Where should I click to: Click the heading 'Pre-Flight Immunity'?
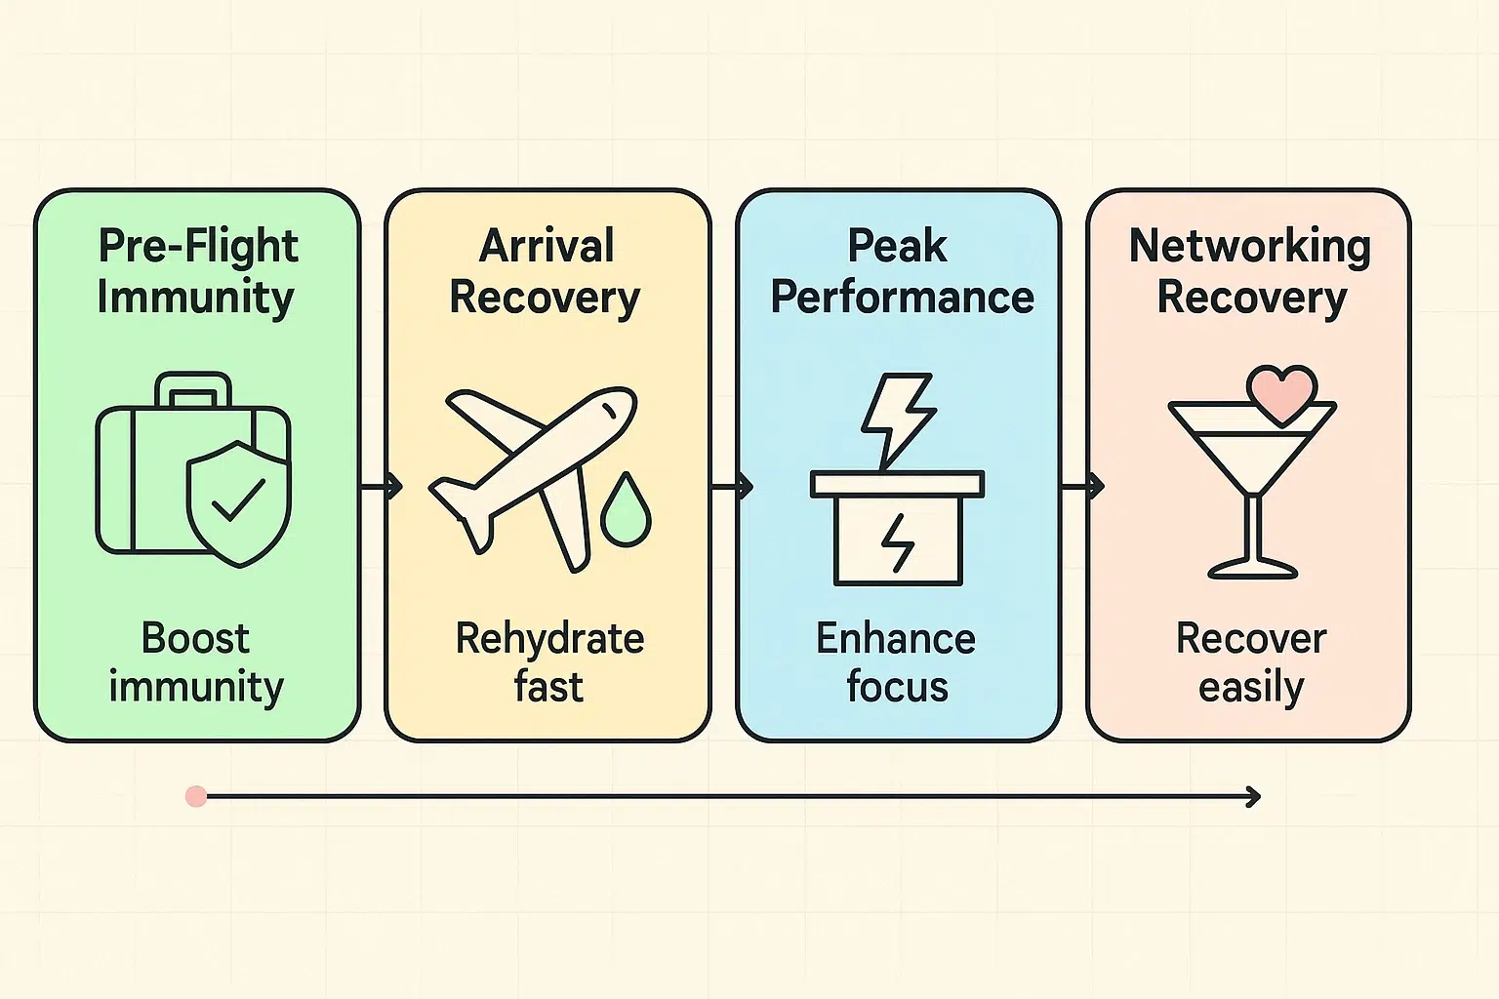coord(197,271)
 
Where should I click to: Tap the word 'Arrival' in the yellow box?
coord(547,246)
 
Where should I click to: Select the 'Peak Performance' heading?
coord(900,271)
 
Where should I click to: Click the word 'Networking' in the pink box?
coord(1249,246)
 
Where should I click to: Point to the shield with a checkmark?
coord(237,502)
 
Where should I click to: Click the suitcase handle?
coord(193,388)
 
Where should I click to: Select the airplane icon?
coord(532,478)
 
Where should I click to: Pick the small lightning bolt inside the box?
coord(897,542)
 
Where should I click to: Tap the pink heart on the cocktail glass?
coord(1281,393)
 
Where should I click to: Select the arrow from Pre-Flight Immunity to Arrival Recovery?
coord(382,485)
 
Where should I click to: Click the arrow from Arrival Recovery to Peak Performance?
coord(732,485)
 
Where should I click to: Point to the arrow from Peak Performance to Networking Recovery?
coord(1082,485)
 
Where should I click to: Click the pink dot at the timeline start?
coord(196,797)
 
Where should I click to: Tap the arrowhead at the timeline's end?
coord(1253,797)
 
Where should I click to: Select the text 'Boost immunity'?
coord(196,662)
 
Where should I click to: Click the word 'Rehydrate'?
coord(549,639)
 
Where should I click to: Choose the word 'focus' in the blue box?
coord(897,687)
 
